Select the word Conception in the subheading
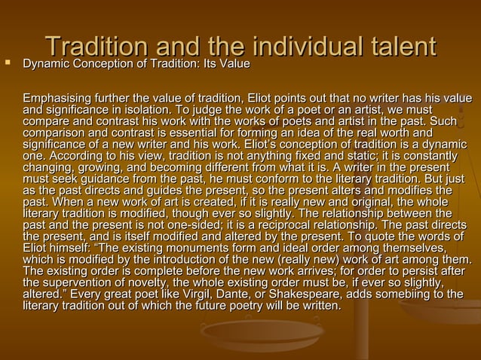coord(109,66)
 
